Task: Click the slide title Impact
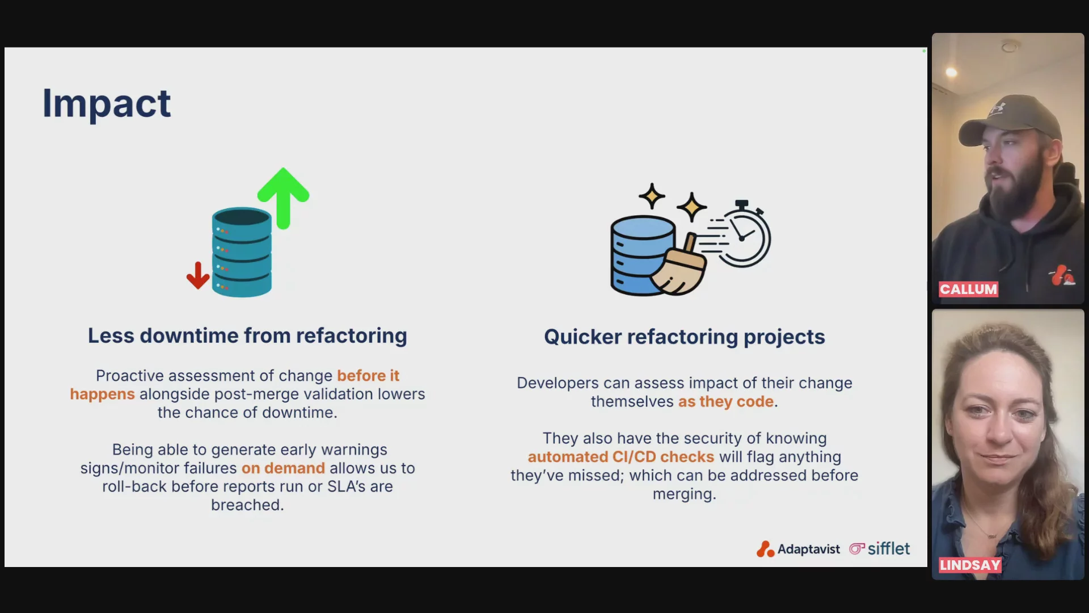pos(107,104)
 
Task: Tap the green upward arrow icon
pos(283,198)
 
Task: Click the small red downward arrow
pos(198,275)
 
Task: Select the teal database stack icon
pos(242,252)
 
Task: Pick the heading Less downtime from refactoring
pos(247,335)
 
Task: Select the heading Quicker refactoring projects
pos(685,337)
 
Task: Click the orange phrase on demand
pos(283,468)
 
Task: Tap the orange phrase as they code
pos(726,402)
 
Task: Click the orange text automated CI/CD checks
pos(621,457)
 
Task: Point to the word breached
pos(247,505)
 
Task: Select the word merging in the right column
pos(685,494)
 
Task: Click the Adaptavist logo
pos(798,549)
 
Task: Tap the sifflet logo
pos(880,548)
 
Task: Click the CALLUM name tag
pos(968,289)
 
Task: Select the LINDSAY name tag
pos(970,565)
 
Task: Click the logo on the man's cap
pos(998,107)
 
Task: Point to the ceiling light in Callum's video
pos(952,72)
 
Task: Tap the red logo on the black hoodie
pos(1062,276)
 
